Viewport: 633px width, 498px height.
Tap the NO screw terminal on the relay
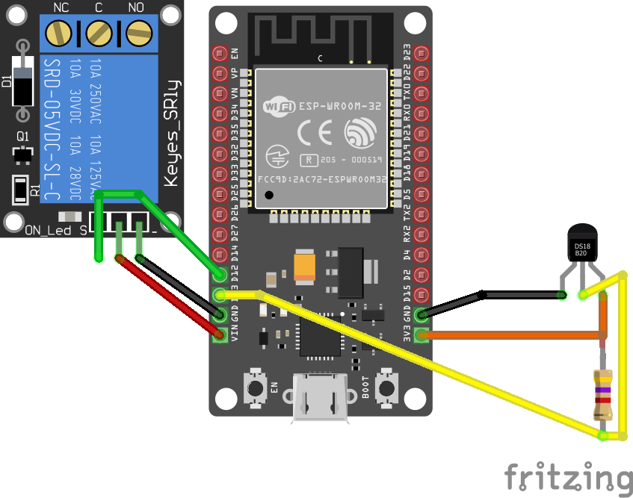tap(137, 32)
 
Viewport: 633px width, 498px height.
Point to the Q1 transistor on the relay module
tap(23, 154)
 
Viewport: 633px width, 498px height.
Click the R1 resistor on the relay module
tap(20, 191)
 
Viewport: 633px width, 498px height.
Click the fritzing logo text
tap(565, 478)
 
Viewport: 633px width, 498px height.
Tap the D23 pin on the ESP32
tap(422, 54)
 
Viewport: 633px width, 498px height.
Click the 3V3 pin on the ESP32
tap(422, 335)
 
